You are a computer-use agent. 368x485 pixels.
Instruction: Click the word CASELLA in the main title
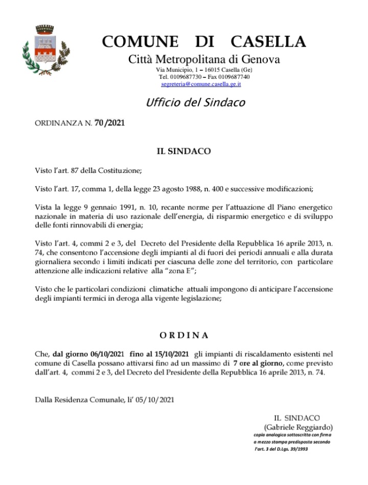tap(268, 41)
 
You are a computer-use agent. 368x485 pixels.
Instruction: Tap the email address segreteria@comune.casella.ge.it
tap(201, 83)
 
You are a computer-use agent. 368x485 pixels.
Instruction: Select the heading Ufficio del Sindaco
tap(195, 102)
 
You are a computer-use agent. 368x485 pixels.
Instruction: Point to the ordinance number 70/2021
tap(109, 123)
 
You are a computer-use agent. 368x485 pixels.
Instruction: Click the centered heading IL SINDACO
tap(183, 151)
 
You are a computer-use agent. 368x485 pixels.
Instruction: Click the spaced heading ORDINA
tap(183, 335)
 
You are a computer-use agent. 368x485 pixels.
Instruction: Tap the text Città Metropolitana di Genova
tap(203, 59)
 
